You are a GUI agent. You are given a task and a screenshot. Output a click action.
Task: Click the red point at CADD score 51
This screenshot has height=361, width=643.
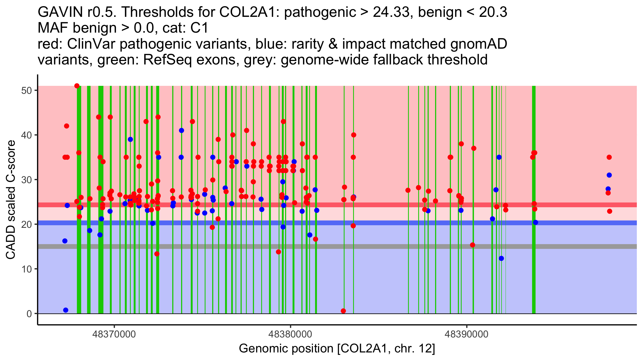point(77,86)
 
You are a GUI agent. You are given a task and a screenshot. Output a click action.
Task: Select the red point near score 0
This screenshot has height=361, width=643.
point(343,311)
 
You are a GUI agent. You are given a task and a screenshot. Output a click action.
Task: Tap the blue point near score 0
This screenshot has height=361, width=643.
point(66,310)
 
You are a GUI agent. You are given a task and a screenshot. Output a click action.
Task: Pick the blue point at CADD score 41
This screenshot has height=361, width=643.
point(181,130)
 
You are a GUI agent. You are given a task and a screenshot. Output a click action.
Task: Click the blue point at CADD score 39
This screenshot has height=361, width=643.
point(130,139)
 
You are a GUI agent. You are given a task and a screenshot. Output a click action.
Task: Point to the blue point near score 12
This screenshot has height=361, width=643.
point(501,258)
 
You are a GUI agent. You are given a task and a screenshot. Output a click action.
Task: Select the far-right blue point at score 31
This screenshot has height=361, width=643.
point(609,175)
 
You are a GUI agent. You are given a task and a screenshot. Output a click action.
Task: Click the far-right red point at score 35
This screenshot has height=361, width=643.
point(609,157)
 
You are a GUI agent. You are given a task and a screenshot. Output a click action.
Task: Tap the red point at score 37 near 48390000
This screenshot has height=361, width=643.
point(474,148)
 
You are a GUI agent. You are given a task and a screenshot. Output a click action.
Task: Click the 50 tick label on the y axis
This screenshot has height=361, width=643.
point(26,90)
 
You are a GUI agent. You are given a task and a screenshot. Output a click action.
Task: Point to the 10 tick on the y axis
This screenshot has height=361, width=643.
point(26,269)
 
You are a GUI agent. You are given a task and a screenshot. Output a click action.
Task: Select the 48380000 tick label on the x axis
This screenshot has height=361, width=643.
point(290,334)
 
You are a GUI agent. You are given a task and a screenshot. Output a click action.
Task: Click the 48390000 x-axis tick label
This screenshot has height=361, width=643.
point(467,334)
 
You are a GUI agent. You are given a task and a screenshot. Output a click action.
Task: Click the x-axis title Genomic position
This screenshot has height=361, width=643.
point(337,349)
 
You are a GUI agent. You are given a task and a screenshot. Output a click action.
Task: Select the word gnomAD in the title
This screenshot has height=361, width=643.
point(478,44)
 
